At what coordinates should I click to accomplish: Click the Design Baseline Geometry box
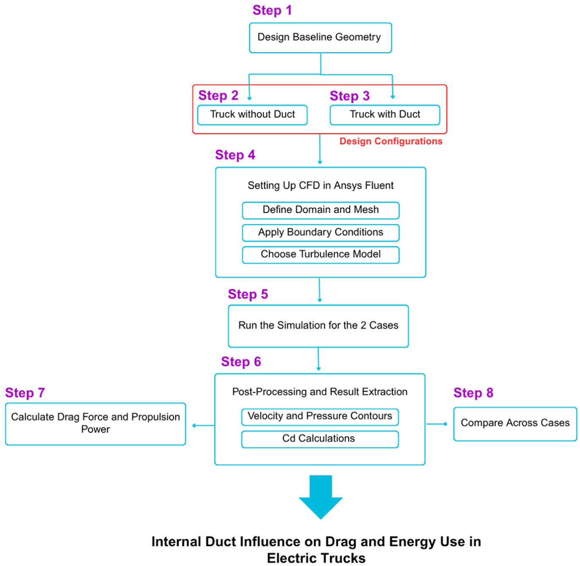pos(320,38)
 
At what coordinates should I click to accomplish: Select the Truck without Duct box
pos(252,115)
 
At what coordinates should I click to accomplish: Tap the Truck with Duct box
pos(384,115)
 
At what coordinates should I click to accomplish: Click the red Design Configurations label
pos(391,141)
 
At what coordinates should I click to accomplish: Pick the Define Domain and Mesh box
pos(320,210)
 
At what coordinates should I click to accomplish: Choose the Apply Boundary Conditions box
pos(320,233)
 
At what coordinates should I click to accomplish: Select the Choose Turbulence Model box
pos(320,255)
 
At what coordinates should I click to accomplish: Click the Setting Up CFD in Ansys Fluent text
pos(320,185)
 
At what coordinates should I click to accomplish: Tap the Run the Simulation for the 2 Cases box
pos(318,326)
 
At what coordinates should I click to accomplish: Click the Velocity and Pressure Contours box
pos(320,417)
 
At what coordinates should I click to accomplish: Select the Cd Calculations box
pos(320,439)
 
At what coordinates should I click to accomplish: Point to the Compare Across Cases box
pos(515,424)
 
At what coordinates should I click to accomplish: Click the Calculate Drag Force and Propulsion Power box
pos(95,424)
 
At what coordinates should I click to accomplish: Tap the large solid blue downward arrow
pos(320,497)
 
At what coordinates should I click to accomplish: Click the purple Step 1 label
pos(272,10)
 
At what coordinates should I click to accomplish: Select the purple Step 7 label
pos(25,393)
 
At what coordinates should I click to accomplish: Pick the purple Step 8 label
pos(473,393)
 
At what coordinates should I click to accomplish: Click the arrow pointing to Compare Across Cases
pos(437,424)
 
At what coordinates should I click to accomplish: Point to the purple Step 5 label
pos(248,294)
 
